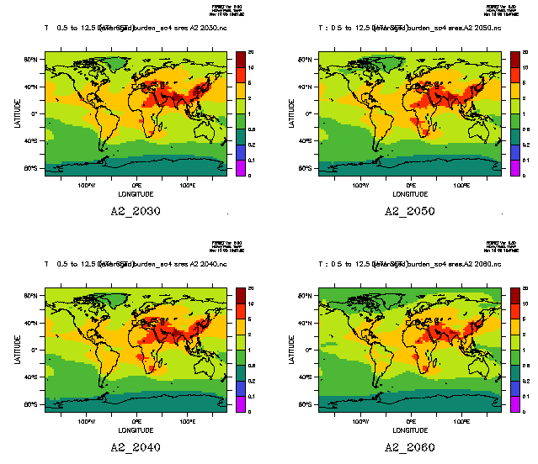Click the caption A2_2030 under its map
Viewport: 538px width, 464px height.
pos(136,211)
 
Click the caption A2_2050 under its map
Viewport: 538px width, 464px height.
pos(409,211)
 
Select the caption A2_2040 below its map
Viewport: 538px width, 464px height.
pos(136,446)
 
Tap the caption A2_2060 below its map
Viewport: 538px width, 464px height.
pos(409,446)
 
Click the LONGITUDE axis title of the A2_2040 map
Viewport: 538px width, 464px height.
pos(136,430)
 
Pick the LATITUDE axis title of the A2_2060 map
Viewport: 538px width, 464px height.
pos(291,349)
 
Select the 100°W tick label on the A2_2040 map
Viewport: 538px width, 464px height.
pos(86,420)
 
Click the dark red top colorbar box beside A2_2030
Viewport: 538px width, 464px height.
pos(240,55)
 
